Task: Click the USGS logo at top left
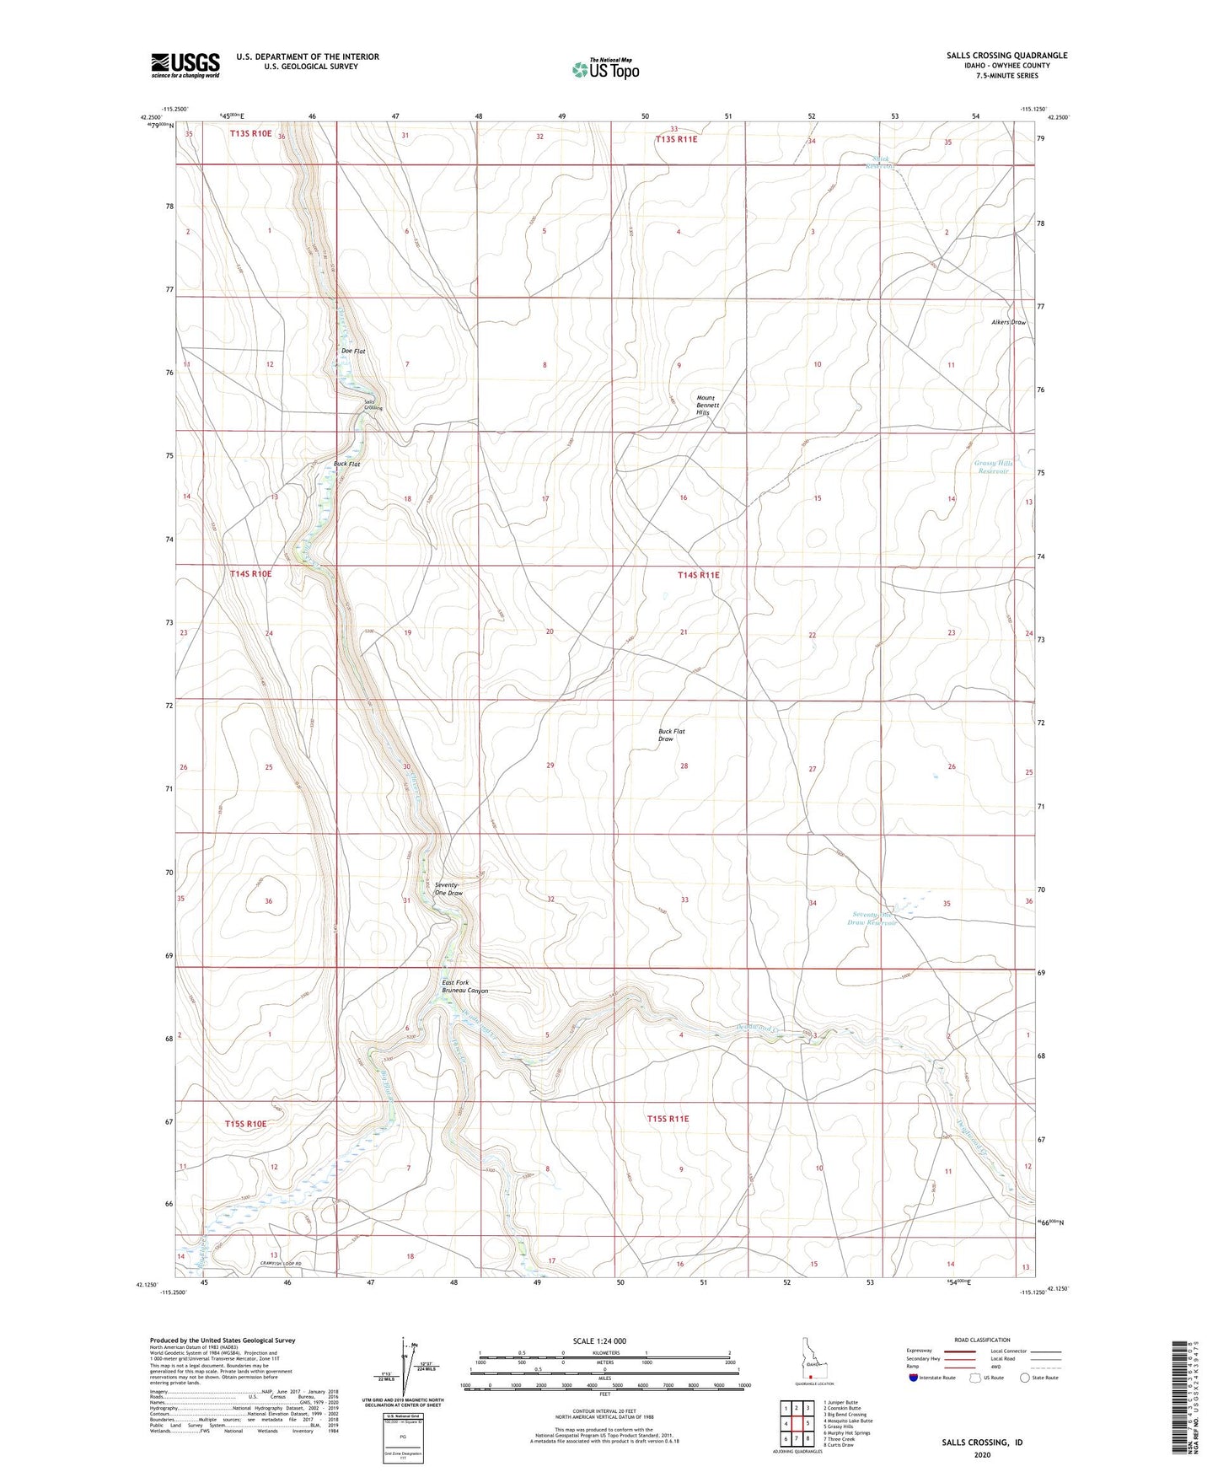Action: pos(185,65)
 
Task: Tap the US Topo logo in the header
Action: pos(604,69)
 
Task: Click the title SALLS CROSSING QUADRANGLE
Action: pos(1006,56)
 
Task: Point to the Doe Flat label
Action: pos(352,351)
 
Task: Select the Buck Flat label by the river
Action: pos(346,464)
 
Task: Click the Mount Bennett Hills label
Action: pos(707,406)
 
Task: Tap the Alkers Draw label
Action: pos(1008,322)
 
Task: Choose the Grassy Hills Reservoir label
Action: pos(992,467)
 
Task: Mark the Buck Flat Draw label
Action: pos(671,735)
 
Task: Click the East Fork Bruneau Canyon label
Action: pos(465,986)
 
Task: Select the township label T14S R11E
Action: pos(699,575)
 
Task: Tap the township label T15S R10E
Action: pos(245,1123)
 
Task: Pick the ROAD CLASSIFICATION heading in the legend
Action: pos(983,1340)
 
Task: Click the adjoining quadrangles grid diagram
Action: pos(797,1424)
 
